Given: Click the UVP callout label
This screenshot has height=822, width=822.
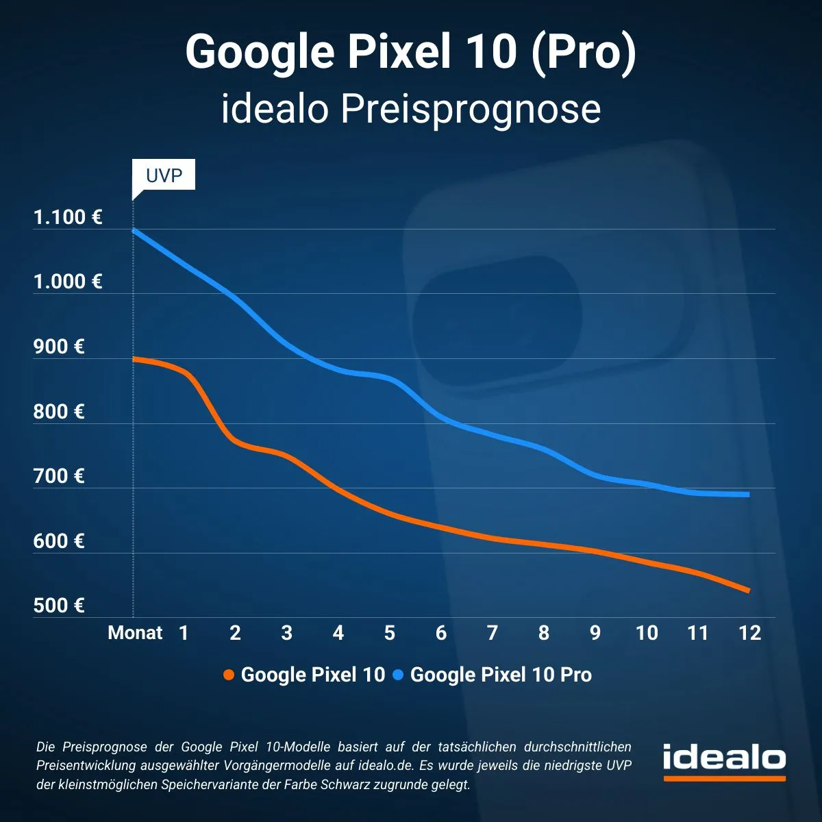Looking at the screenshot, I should (x=164, y=175).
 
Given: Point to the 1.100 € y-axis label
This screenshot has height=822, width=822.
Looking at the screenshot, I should (x=68, y=218).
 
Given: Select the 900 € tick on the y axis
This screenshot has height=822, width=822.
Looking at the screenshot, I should (x=59, y=347).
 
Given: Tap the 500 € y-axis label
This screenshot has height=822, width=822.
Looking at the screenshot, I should (x=59, y=606).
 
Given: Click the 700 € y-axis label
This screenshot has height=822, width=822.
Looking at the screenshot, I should (x=59, y=476).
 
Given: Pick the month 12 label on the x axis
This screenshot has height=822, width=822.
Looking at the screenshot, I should (x=749, y=633).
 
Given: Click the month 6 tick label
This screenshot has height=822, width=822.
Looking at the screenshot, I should (x=440, y=633).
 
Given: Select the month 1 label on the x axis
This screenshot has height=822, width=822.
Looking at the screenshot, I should (x=184, y=633).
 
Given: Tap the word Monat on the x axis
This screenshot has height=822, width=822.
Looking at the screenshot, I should (x=135, y=633).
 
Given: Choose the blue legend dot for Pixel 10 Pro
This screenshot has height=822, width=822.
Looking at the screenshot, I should (x=398, y=675).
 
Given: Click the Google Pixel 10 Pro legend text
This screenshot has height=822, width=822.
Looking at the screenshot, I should (x=501, y=675).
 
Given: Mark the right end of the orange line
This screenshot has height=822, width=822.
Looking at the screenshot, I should (x=748, y=590).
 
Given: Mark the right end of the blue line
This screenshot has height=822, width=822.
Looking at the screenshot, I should (x=748, y=495).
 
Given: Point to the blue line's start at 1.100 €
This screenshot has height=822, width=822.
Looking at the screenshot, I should (x=134, y=230).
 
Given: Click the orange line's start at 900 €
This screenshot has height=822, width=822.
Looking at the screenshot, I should (x=134, y=358).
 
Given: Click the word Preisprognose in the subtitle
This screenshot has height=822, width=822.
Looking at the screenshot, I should (x=471, y=110).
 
